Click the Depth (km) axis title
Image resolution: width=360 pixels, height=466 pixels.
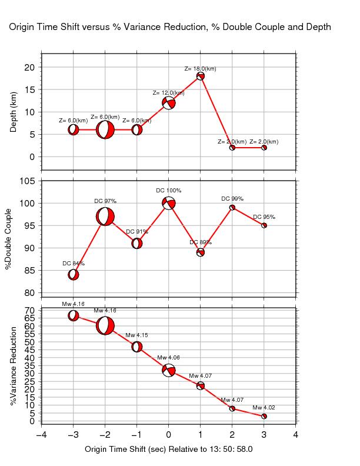14,111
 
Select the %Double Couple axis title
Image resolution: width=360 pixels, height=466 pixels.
8,239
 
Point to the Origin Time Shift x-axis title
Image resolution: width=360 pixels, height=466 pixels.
169,449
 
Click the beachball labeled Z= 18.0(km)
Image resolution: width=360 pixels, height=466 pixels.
201,76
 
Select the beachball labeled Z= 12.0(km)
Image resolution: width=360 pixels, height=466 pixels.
169,103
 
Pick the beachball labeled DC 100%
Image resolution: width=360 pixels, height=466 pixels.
169,203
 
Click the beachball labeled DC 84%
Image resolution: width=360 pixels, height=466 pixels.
74,274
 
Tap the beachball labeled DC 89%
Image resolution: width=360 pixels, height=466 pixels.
201,252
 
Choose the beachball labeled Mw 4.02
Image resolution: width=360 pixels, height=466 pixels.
264,416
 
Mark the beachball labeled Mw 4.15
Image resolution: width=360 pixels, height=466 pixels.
137,347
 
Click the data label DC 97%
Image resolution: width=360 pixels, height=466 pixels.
105,201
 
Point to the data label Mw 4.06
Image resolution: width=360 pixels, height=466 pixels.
169,358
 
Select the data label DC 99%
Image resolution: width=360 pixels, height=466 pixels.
232,199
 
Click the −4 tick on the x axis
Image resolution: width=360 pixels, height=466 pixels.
41,435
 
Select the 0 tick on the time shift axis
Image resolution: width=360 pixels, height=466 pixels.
169,435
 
